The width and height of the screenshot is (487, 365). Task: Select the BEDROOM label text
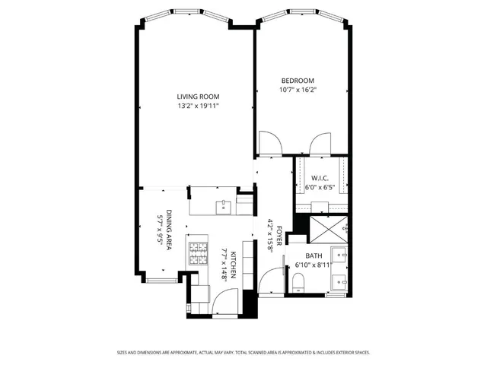click(x=298, y=81)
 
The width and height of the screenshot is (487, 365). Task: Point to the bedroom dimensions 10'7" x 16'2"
click(x=298, y=90)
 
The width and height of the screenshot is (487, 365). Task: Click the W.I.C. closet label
click(x=320, y=178)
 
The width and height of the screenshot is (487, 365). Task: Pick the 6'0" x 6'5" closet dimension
click(x=320, y=187)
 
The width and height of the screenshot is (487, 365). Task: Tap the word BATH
click(x=314, y=255)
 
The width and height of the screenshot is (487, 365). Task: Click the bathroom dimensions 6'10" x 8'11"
click(x=314, y=265)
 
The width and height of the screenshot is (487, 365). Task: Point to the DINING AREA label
click(x=170, y=230)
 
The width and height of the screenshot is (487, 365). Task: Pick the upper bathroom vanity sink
click(x=340, y=255)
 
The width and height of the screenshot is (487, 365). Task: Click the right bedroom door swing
click(x=320, y=142)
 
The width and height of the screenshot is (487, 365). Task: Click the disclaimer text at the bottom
click(x=243, y=352)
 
